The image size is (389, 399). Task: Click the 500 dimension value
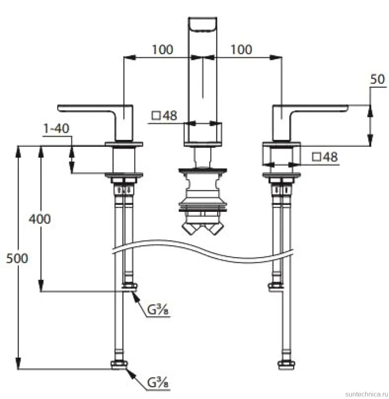[x=17, y=259]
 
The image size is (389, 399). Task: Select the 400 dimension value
[x=40, y=219]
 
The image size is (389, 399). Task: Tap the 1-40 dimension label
[x=56, y=128]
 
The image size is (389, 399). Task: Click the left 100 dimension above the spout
[x=162, y=49]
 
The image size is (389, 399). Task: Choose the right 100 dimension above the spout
[x=241, y=49]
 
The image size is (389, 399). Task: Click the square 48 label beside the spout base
[x=164, y=116]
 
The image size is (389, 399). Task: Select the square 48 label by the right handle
[x=325, y=157]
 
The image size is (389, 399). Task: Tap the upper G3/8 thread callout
[x=158, y=310]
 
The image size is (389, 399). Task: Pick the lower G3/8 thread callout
[x=158, y=383]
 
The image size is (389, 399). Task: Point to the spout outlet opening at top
[x=203, y=25]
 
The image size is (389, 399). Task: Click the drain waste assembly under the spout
[x=203, y=201]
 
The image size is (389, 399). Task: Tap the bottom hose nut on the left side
[x=119, y=364]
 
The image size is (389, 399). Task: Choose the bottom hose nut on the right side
[x=286, y=364]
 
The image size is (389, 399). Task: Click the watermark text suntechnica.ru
[x=367, y=394]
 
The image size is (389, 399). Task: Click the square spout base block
[x=203, y=135]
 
